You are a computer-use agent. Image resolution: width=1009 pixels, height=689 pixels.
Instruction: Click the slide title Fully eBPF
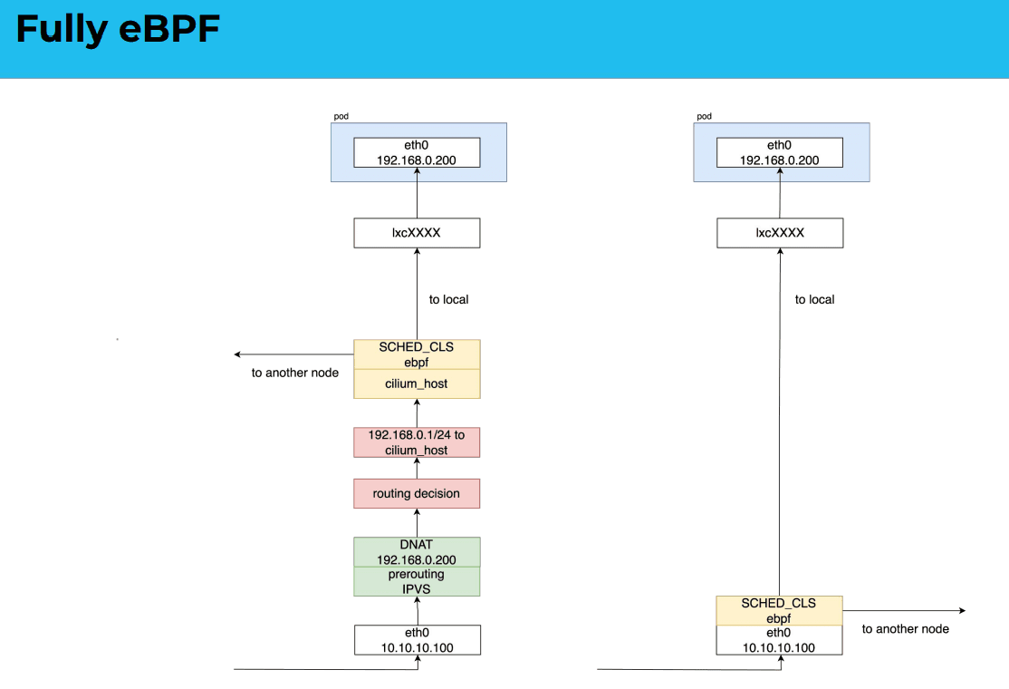click(118, 30)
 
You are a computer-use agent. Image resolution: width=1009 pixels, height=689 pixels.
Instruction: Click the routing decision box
click(417, 493)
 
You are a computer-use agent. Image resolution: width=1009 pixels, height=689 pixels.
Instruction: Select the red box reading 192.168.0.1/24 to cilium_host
click(417, 442)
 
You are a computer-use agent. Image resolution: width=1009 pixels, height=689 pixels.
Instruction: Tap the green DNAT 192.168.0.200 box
click(417, 552)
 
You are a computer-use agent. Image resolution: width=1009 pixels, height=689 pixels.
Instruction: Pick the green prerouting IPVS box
click(417, 581)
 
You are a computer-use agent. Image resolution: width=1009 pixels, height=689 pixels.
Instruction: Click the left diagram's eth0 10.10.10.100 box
click(417, 640)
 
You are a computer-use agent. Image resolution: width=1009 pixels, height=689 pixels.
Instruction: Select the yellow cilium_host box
click(417, 383)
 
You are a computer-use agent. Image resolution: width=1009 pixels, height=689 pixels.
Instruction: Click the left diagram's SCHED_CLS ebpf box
click(417, 354)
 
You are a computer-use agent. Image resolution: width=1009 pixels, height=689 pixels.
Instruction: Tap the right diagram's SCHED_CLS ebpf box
click(779, 610)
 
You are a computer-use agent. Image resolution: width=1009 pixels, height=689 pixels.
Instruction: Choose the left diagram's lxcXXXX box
click(417, 232)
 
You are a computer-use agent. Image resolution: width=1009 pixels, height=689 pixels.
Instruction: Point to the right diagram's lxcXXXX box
click(780, 232)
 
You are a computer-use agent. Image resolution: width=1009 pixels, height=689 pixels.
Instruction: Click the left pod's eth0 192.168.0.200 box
click(417, 152)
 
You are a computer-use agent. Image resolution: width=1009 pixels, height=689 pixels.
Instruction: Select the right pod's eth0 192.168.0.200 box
click(779, 152)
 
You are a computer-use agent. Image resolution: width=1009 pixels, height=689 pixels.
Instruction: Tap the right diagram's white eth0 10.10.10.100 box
click(779, 640)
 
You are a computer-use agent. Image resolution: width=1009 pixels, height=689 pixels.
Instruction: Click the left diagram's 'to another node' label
click(294, 373)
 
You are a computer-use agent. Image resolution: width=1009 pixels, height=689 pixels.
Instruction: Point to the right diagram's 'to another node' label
click(906, 629)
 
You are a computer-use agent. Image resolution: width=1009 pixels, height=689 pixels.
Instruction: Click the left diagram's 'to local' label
click(448, 299)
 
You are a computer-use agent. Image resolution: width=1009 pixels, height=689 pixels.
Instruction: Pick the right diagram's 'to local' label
click(814, 299)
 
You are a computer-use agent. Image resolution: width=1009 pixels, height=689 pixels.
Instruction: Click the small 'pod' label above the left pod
click(341, 117)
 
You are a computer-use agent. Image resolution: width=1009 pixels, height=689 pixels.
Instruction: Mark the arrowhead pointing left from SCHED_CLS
click(237, 354)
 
